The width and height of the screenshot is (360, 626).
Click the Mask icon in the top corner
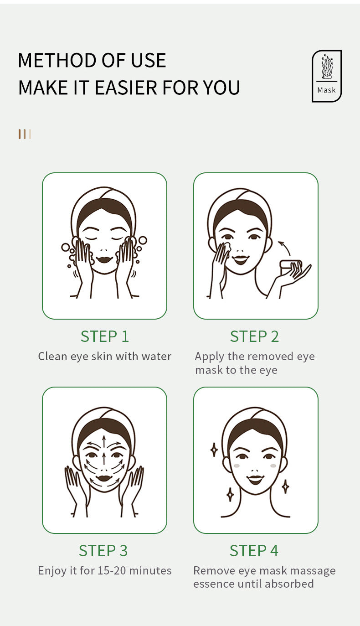click(x=326, y=76)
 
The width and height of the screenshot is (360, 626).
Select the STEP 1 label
click(x=104, y=336)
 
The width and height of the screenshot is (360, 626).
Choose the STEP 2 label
click(x=254, y=336)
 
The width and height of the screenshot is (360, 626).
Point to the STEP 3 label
click(x=103, y=550)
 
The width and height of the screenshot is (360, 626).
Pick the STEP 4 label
click(x=254, y=550)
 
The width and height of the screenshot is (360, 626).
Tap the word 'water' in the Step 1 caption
click(x=156, y=356)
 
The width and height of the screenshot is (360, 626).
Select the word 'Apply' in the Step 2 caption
click(x=209, y=356)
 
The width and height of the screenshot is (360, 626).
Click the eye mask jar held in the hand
click(x=290, y=265)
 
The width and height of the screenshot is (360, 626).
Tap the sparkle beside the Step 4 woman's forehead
click(x=214, y=450)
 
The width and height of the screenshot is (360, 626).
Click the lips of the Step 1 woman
click(x=104, y=259)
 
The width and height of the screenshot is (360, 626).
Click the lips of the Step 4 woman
click(x=255, y=479)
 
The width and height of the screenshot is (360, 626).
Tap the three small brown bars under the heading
click(x=25, y=134)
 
